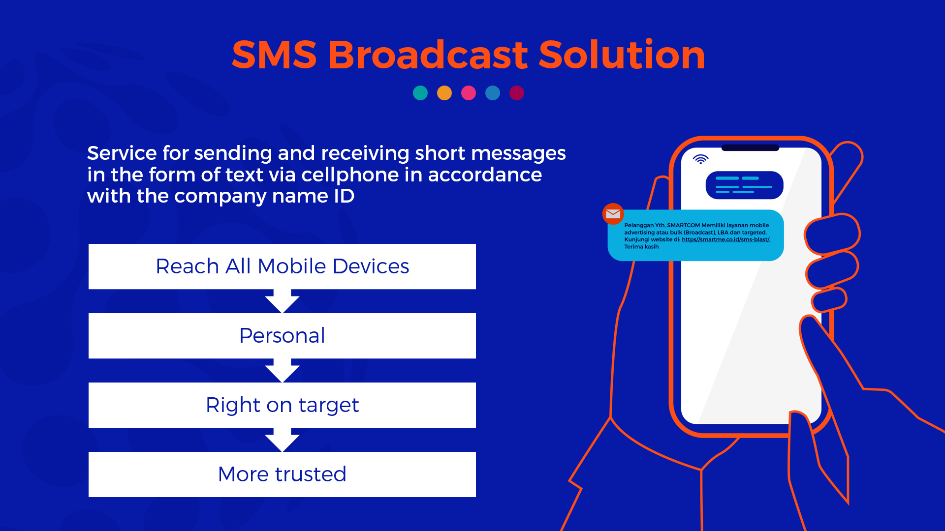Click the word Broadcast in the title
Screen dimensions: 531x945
(428, 55)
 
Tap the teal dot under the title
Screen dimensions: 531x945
(420, 93)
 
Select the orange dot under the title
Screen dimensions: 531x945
(444, 93)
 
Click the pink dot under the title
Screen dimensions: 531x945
(469, 93)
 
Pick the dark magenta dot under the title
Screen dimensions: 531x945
(517, 93)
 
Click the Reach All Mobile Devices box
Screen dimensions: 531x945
(282, 266)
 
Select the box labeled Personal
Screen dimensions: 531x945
(282, 336)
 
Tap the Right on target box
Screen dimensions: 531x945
(282, 405)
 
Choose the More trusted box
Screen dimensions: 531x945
(282, 474)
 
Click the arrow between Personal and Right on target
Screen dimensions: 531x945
(282, 370)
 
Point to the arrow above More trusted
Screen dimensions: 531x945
(282, 440)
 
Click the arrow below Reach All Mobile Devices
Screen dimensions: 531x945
(282, 301)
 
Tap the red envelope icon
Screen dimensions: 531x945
(613, 214)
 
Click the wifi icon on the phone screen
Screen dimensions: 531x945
(700, 159)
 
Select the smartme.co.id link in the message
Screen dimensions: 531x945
(725, 239)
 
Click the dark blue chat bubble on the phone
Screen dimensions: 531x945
(744, 185)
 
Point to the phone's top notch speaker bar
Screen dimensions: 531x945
(750, 147)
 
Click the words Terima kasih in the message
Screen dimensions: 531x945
(641, 247)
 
